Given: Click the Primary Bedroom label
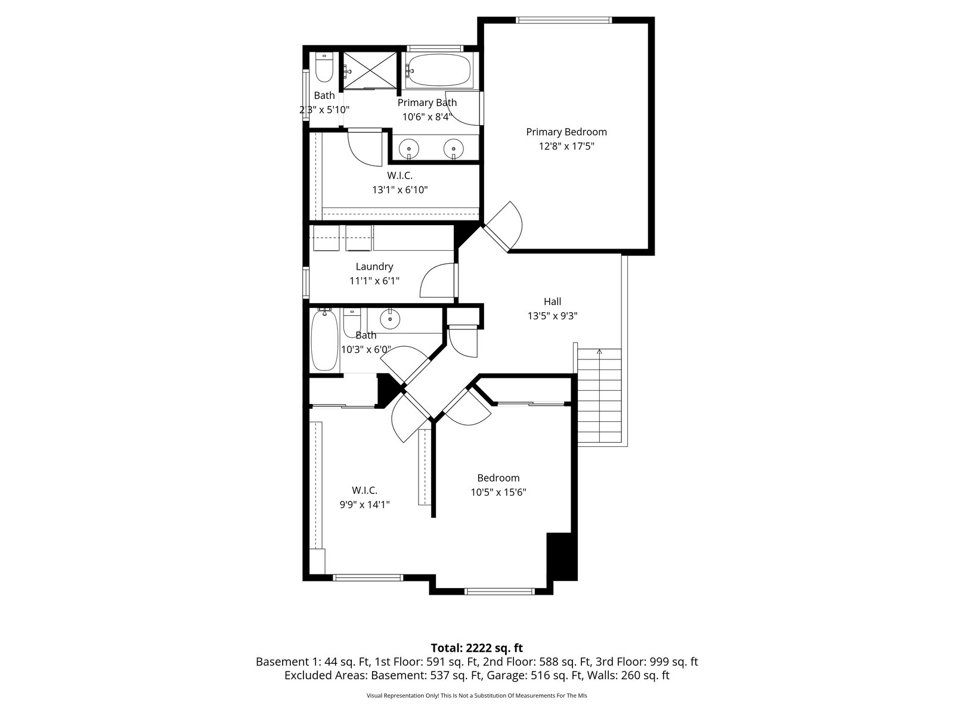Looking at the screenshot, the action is click(x=566, y=132).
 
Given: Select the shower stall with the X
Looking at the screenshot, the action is click(x=370, y=71).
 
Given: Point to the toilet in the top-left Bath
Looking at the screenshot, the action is click(x=324, y=67).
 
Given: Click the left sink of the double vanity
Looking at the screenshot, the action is click(x=408, y=149).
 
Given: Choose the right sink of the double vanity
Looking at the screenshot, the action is click(x=453, y=149).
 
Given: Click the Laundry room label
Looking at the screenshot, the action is click(x=374, y=266).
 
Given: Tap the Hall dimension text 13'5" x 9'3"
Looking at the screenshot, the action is click(x=552, y=316).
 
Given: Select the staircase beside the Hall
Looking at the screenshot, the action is click(x=599, y=396).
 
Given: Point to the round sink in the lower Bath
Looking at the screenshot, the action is click(x=390, y=319).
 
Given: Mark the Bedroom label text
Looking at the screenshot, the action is click(x=498, y=478).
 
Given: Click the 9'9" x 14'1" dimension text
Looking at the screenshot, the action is click(x=364, y=505).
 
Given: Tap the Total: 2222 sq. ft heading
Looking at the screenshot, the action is click(x=477, y=648).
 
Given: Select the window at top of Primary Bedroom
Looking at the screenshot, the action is click(x=563, y=20).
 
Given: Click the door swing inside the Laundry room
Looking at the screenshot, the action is click(x=437, y=280).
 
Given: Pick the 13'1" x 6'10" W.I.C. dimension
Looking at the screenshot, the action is click(x=400, y=189).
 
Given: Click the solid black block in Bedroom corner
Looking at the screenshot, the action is click(x=562, y=557).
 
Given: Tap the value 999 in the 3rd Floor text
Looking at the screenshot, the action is click(x=659, y=662).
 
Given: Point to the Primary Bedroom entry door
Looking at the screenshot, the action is click(x=503, y=226).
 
